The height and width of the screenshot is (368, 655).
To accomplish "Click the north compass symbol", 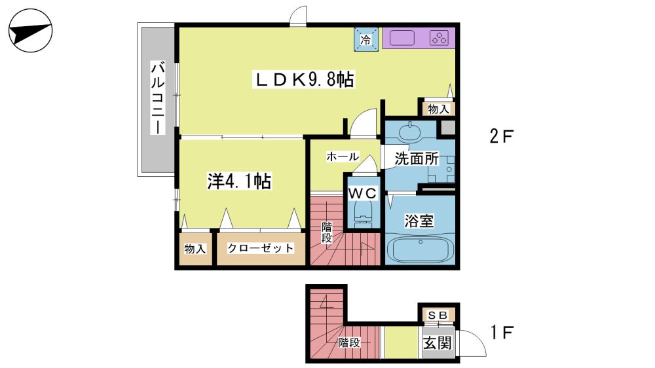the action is point(31,31).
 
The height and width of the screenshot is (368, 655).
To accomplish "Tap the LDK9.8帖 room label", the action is point(304,79).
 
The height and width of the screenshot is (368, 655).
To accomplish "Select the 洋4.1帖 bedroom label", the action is point(239,181).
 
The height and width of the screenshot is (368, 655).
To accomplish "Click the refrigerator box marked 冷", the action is point(366,40).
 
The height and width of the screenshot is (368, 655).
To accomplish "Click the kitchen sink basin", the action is point(402,38).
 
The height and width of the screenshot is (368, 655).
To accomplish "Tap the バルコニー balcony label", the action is point(158,98).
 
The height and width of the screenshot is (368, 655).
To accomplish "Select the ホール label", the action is point(343,156).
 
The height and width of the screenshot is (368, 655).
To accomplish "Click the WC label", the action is point(363,193).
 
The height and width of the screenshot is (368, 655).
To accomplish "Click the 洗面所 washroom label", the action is point(417,158).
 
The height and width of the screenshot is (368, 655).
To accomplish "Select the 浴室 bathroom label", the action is point(419,221).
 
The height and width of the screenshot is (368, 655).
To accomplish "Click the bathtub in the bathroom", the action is point(421,249).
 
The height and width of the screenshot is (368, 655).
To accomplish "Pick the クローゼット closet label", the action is point(261,248).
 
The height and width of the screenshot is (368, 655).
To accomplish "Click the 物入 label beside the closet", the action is point(195,249).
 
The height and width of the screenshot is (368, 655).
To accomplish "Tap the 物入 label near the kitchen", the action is point(439,109).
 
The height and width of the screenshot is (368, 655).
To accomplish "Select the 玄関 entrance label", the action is point(438,343).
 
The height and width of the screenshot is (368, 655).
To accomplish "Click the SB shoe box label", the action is point(438,315).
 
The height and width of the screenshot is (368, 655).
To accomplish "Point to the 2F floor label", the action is point(501,136).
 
